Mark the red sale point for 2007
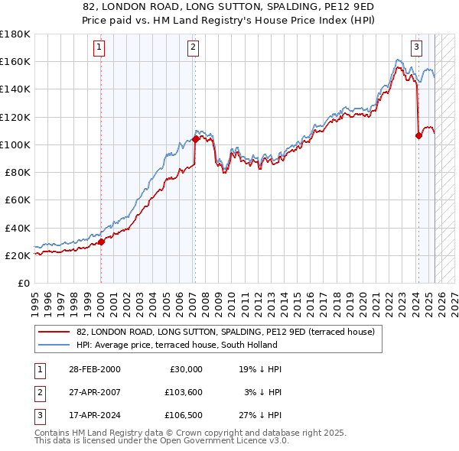click(x=196, y=139)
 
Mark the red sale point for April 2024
click(x=418, y=135)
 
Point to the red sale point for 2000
click(x=101, y=241)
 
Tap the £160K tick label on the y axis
click(x=15, y=61)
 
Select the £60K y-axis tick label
click(x=18, y=200)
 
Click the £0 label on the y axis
click(x=24, y=283)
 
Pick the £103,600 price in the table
click(x=181, y=393)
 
